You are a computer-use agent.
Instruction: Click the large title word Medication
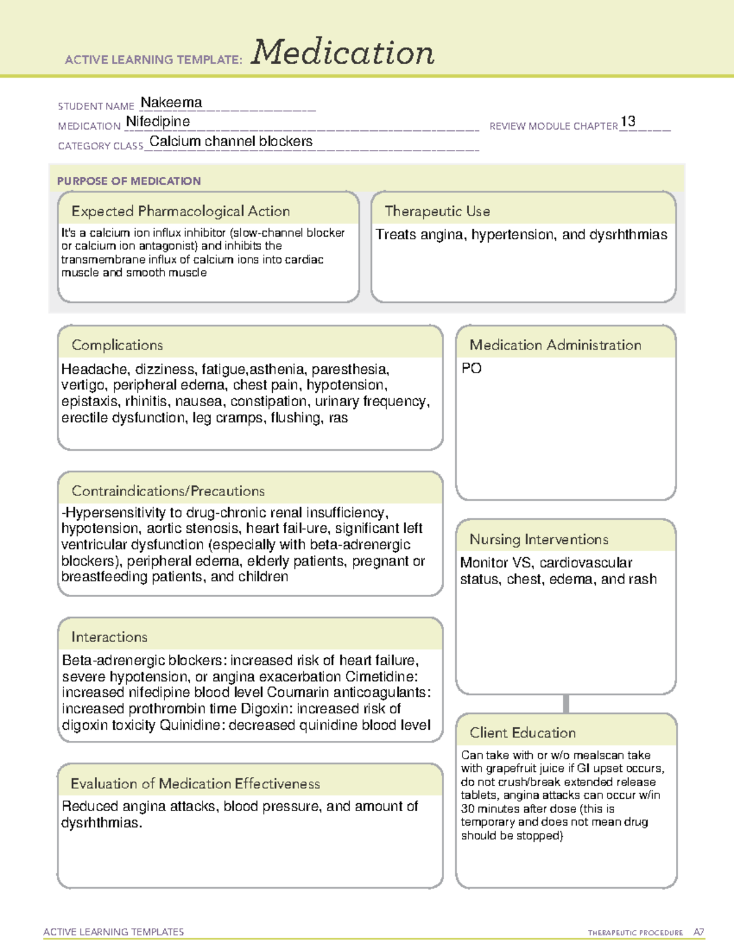(x=343, y=53)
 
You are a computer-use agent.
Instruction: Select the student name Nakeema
(x=171, y=103)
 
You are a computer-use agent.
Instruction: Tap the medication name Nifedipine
(x=158, y=122)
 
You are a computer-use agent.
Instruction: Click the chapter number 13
(x=628, y=122)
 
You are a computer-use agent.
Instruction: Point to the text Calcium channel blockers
(x=231, y=141)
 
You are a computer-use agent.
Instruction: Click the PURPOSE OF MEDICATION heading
(x=129, y=181)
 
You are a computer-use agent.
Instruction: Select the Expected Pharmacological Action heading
(x=180, y=211)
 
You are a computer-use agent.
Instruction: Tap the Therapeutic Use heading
(x=437, y=211)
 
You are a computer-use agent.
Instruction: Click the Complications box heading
(x=117, y=345)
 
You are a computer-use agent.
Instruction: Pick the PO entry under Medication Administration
(x=472, y=368)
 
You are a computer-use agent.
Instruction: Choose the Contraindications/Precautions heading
(x=168, y=491)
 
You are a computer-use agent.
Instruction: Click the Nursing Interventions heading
(x=539, y=539)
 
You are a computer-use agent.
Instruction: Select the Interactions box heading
(x=109, y=637)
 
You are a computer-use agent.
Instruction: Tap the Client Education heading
(x=522, y=733)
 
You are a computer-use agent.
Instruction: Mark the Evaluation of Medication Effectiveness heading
(x=195, y=784)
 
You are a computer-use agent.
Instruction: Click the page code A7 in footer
(x=698, y=932)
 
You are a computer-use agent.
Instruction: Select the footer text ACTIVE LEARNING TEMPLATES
(x=114, y=932)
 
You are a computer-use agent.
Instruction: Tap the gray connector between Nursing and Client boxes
(x=566, y=703)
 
